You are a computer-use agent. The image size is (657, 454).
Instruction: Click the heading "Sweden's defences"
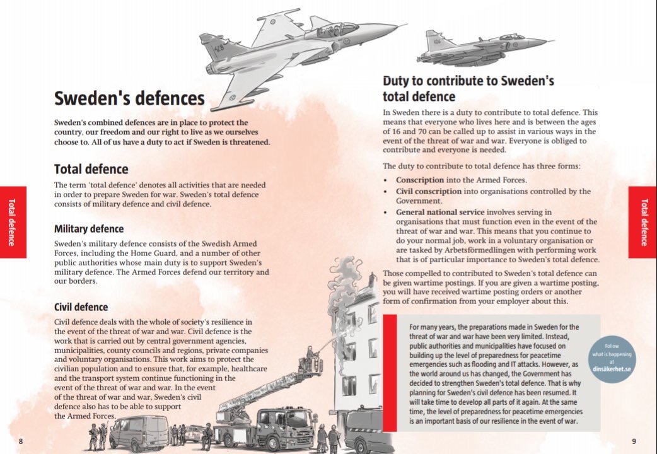coord(129,99)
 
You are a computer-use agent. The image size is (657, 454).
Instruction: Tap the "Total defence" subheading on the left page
coord(91,169)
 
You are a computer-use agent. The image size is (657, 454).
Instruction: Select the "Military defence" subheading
coord(89,229)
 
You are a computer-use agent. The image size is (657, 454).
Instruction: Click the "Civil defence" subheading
coord(81,308)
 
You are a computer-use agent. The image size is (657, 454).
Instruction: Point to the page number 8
coord(20,441)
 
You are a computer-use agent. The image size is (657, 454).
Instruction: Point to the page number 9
coord(634,441)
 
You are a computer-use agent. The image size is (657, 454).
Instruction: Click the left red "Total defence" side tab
coord(13,221)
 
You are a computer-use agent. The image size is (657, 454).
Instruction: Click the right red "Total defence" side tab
coord(642,221)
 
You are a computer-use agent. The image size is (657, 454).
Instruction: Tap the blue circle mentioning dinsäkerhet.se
coord(612,359)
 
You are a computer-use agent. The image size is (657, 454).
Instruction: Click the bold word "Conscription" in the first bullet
coord(420,180)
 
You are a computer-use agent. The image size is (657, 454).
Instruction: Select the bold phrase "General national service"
coord(440,212)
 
